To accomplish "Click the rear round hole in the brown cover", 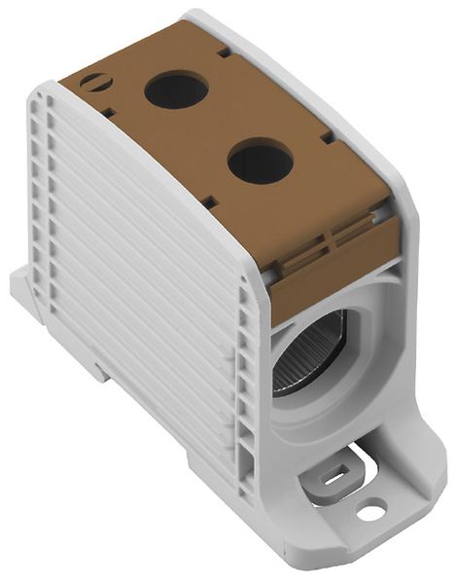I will pos(176,91).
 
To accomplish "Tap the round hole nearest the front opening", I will pos(260,161).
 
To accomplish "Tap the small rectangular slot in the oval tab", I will pos(332,476).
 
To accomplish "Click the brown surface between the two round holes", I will pos(219,127).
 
